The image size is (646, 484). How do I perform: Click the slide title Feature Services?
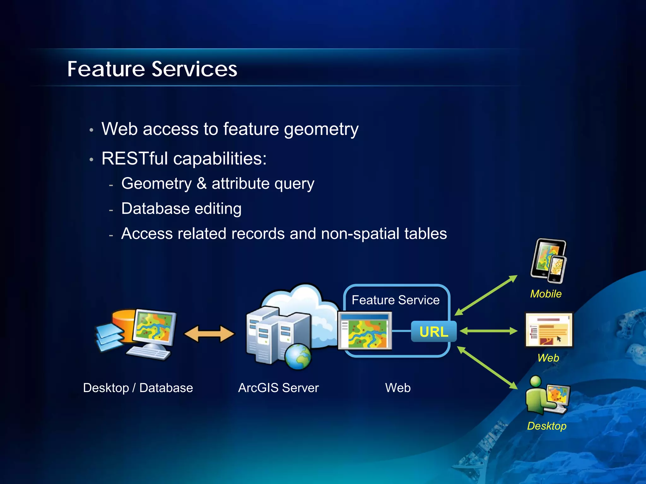[152, 69]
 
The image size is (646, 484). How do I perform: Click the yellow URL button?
[434, 331]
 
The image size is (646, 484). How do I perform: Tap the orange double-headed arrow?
[209, 334]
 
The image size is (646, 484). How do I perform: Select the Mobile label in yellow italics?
[546, 294]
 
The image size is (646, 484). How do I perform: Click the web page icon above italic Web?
[549, 330]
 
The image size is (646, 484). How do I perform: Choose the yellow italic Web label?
[548, 358]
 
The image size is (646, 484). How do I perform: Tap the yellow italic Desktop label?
[547, 426]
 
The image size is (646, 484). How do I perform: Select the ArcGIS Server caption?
[278, 388]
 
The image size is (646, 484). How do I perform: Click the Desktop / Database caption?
[138, 388]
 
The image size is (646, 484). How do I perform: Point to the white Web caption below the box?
[398, 388]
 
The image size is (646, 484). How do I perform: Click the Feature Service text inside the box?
[396, 300]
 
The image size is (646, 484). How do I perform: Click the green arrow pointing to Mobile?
[486, 295]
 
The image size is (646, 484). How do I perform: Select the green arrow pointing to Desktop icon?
[487, 368]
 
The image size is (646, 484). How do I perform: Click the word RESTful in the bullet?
[134, 158]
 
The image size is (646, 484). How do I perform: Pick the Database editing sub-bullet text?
[181, 209]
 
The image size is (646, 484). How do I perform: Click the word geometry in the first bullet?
[321, 129]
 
